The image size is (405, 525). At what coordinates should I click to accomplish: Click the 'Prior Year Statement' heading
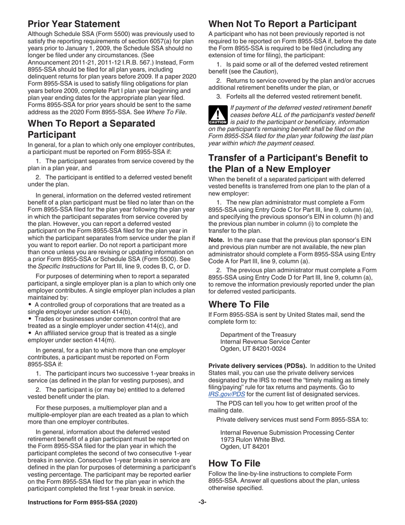pyautogui.click(x=74, y=24)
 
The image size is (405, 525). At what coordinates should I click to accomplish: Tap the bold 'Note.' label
pyautogui.click(x=217, y=240)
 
